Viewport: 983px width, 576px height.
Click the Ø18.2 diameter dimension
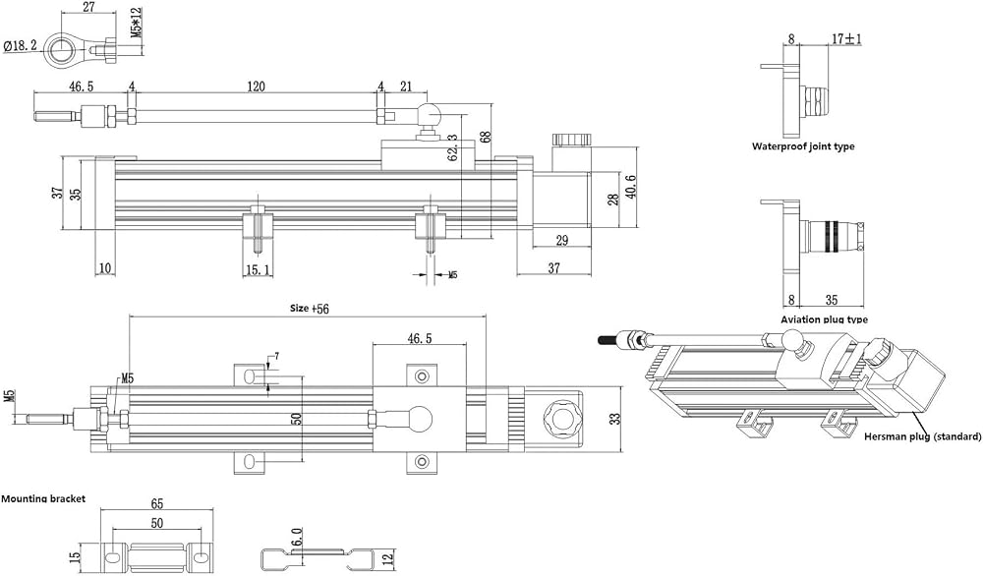pos(20,46)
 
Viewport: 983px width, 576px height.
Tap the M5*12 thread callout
pos(136,25)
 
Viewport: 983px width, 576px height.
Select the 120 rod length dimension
pos(256,86)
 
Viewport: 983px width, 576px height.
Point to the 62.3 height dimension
pos(452,148)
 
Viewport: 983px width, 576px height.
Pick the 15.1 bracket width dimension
pos(258,269)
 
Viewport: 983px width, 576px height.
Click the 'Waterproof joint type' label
pos(803,146)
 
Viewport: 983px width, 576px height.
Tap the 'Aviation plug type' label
pos(825,319)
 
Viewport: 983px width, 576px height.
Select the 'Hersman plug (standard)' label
pos(922,436)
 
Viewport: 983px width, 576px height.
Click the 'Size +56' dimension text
pos(309,308)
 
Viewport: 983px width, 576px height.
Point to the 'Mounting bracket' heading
pos(42,499)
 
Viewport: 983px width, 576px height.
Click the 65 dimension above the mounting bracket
pos(156,504)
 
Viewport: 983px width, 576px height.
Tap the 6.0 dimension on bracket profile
pos(297,537)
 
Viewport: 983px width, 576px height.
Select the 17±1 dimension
pos(845,39)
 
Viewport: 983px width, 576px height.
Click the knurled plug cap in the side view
pos(571,140)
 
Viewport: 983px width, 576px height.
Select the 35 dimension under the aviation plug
pos(832,300)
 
